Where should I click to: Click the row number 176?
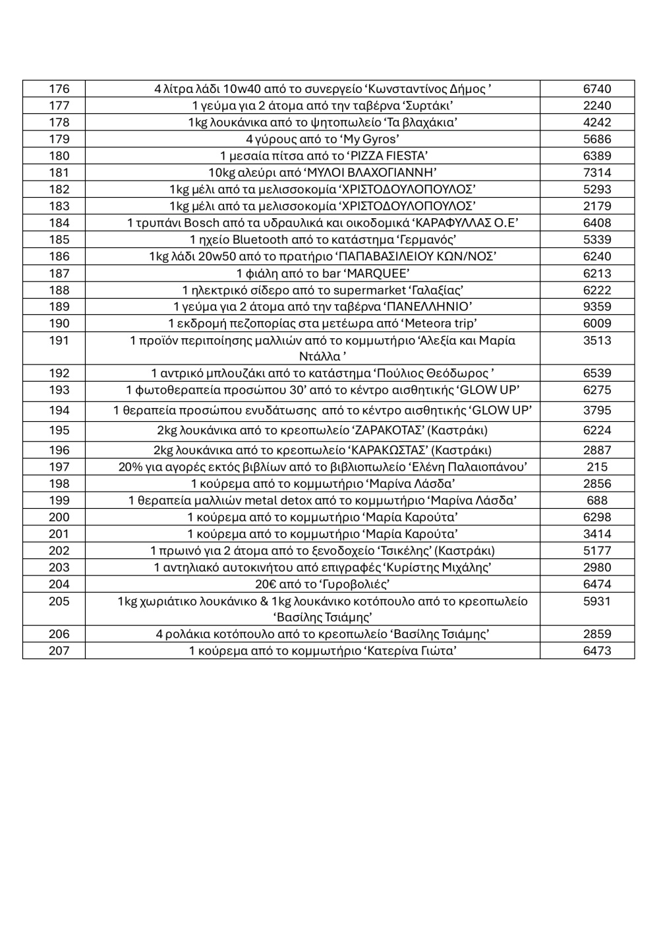tap(59, 89)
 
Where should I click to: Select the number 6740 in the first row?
tap(597, 89)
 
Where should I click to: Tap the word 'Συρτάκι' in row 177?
tap(429, 105)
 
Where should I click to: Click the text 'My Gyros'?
tap(370, 139)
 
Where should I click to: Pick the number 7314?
tap(597, 173)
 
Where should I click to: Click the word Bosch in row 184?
tap(201, 223)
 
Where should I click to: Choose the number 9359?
tap(597, 306)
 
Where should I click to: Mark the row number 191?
tap(59, 341)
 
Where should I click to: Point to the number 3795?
tap(597, 411)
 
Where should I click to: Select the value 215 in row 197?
tap(597, 467)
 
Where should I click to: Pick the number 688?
tap(597, 500)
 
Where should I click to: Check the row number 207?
tap(59, 651)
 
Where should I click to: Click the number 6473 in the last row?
tap(597, 651)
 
